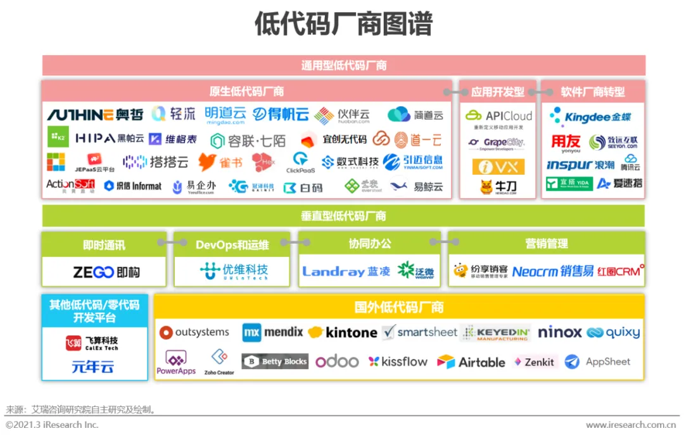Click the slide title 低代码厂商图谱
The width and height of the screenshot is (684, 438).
coord(343,25)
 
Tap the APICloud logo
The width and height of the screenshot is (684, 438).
coord(498,116)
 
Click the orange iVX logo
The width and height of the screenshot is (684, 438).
coord(498,166)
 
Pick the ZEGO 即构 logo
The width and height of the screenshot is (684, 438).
coord(106,272)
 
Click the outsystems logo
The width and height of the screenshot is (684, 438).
coord(194,332)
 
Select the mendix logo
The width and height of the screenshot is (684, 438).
coord(273,332)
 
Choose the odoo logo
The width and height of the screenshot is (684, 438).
coord(337,361)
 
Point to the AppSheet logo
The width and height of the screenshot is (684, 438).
coord(598,361)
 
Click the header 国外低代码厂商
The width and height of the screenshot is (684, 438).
coord(399,308)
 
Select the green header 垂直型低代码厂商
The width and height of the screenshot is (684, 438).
coord(343,216)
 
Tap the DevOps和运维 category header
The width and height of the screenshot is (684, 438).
coord(232,244)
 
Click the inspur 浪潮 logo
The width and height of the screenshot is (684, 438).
coord(580,165)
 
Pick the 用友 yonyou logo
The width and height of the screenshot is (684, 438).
coord(566,143)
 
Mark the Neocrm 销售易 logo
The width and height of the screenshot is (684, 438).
coord(553,272)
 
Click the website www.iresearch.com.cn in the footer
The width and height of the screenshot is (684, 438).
coord(630,425)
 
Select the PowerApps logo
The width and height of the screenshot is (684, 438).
coord(176,363)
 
